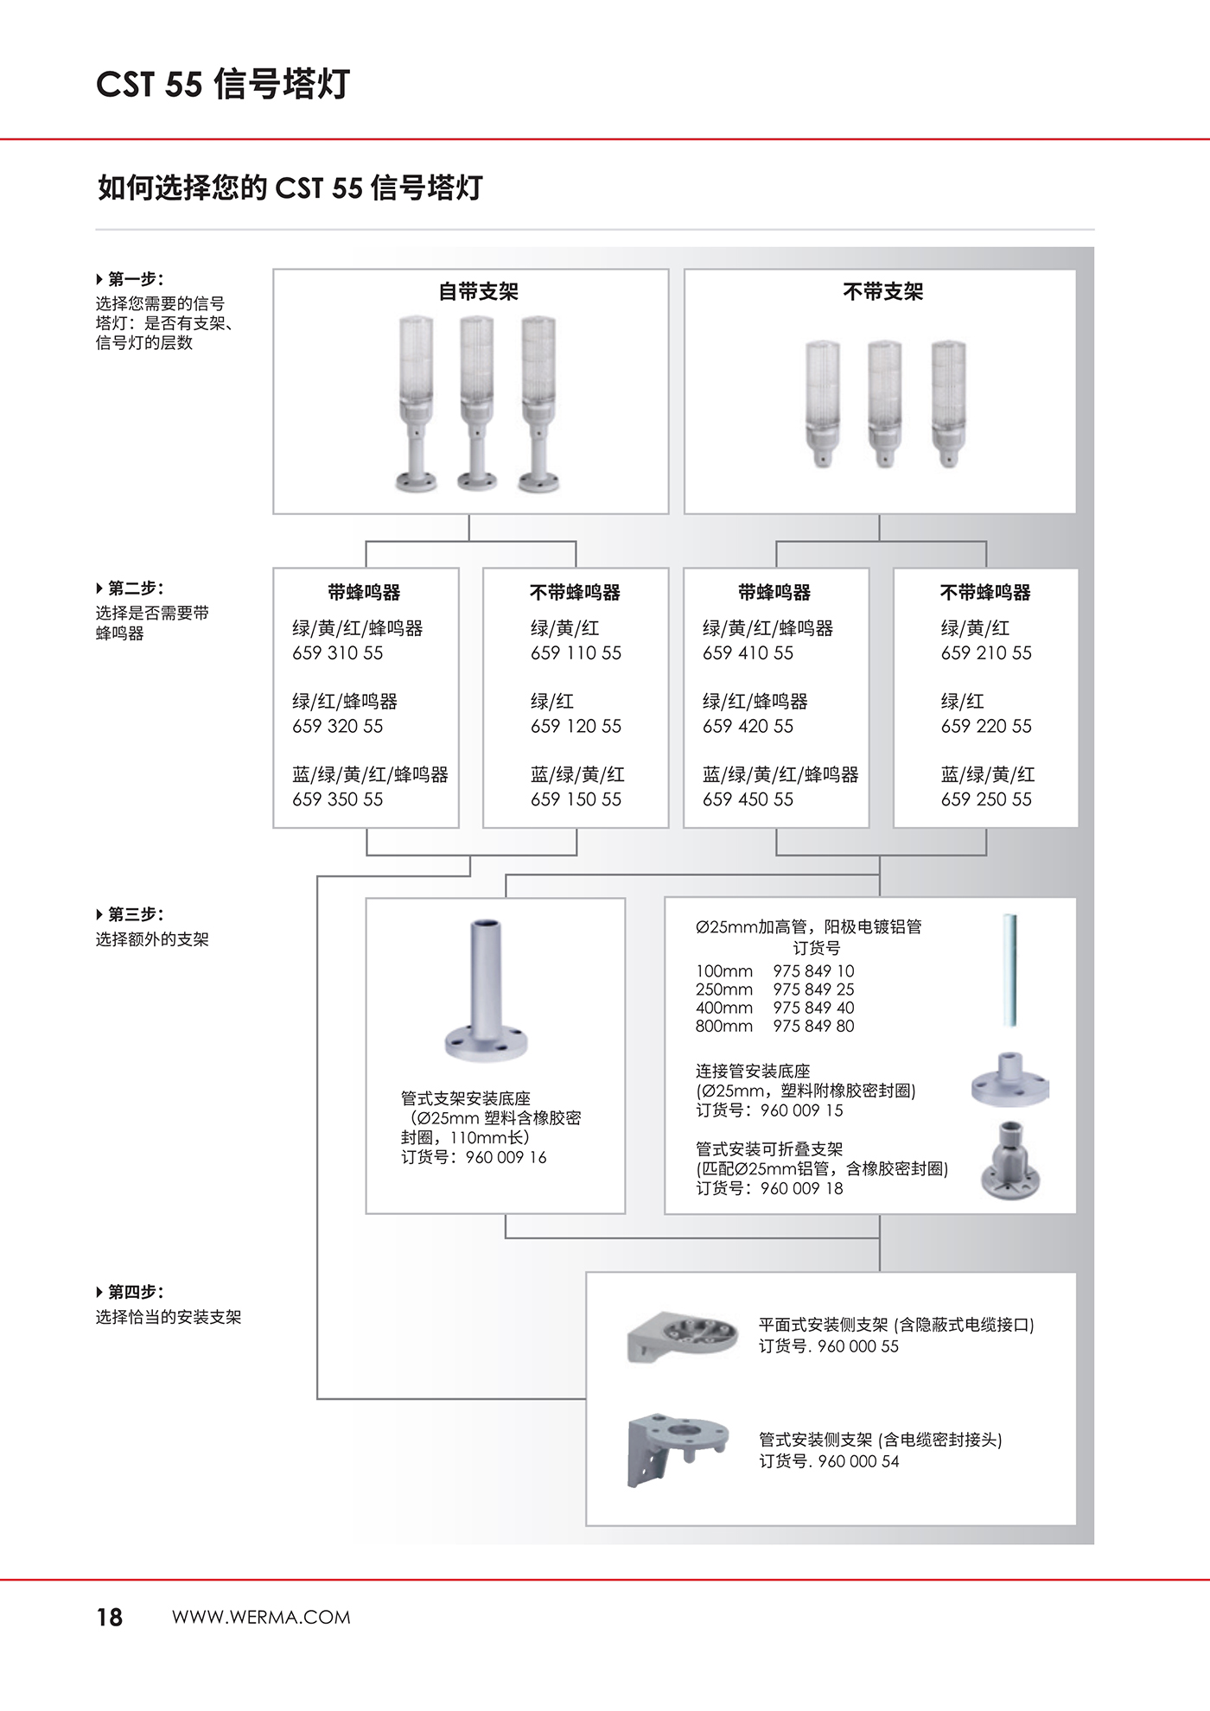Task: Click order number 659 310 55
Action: pos(337,653)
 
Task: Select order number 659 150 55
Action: pos(576,800)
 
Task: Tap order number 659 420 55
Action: pos(748,727)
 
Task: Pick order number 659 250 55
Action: pos(986,800)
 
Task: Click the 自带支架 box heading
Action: pos(478,292)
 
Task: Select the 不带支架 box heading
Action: pos(882,292)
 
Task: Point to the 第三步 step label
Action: pos(135,914)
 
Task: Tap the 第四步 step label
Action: pos(135,1292)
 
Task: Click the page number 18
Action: pos(110,1618)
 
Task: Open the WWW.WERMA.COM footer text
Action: pos(261,1618)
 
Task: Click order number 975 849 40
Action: pos(813,1008)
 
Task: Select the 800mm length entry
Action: pos(724,1027)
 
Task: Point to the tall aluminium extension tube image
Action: pos(1009,970)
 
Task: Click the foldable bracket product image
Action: pos(1010,1160)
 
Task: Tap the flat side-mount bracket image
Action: pos(683,1336)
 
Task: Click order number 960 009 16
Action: pos(506,1158)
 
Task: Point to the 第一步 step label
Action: pos(135,279)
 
